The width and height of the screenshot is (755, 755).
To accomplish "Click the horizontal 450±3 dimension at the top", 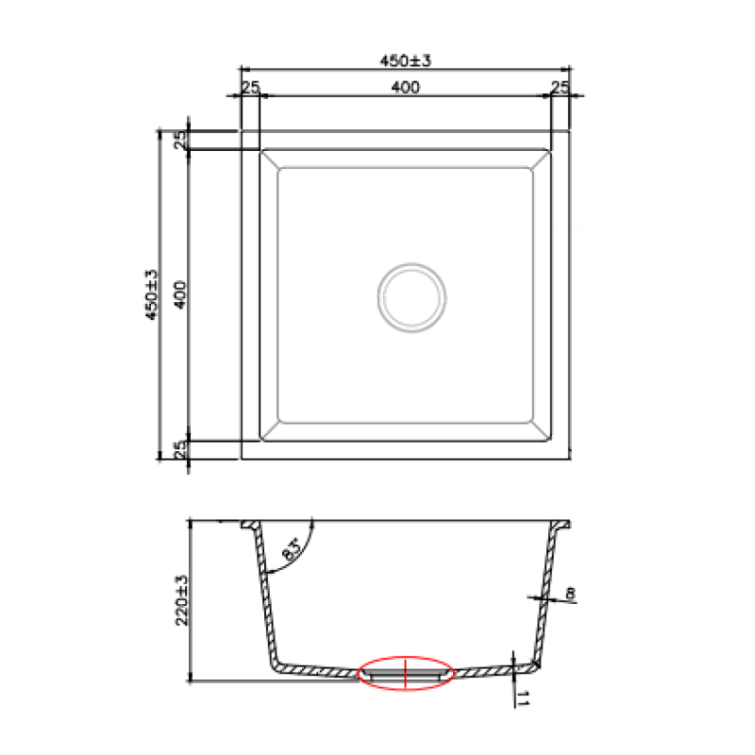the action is click(x=406, y=60).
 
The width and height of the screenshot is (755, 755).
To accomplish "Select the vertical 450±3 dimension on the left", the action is click(x=151, y=294).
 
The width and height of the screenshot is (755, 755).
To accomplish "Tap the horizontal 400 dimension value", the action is click(x=406, y=87).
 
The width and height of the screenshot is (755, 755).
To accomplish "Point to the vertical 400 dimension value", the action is click(x=179, y=294).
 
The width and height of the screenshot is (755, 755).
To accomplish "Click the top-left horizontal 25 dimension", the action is click(x=250, y=88).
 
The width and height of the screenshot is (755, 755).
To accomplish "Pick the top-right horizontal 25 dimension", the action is click(x=560, y=88).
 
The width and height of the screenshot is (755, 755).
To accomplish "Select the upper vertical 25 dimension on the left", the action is click(x=180, y=140).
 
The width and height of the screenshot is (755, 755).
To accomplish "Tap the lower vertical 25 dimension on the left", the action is click(x=180, y=450).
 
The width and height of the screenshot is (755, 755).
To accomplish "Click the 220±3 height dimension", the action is click(x=182, y=600).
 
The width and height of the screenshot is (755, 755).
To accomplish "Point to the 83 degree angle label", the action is click(x=292, y=549).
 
